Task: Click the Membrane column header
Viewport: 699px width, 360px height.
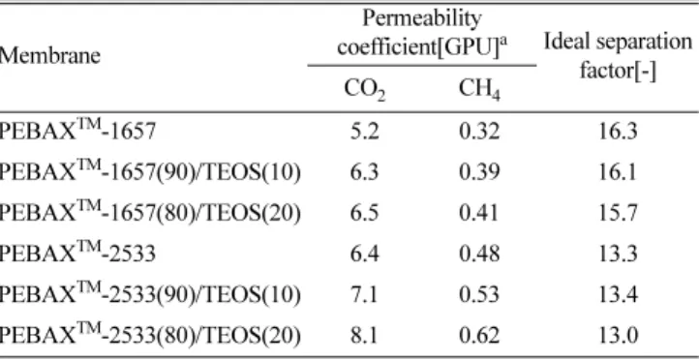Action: tap(50, 56)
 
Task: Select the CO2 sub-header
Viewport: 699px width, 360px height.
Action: tap(365, 90)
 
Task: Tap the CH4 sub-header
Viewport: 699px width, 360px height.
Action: tap(479, 90)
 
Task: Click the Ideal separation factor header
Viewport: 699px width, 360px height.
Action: tap(618, 56)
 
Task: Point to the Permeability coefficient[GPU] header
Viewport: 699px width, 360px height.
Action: tap(422, 34)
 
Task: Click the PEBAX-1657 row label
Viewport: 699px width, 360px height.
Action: tap(77, 131)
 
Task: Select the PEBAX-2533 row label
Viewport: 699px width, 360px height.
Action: tap(77, 254)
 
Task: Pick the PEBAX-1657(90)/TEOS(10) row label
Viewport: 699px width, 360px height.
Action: tap(150, 171)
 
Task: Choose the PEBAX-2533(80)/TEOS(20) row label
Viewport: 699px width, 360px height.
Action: tap(150, 335)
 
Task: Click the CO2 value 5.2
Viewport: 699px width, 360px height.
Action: tap(365, 132)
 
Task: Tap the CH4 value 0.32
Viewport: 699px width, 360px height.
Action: tap(479, 132)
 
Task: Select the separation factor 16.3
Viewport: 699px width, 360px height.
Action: tap(618, 132)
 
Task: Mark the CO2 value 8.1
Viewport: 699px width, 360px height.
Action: tap(365, 336)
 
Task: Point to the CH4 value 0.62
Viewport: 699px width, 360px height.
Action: tap(479, 336)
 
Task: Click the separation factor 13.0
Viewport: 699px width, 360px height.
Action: tap(618, 336)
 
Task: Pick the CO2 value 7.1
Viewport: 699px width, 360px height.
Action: tap(365, 295)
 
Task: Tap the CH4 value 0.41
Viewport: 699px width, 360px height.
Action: tap(479, 214)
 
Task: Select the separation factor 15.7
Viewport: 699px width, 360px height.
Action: tap(618, 214)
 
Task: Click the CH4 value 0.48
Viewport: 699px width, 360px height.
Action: tap(479, 255)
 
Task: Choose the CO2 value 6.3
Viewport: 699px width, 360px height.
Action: tap(365, 172)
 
